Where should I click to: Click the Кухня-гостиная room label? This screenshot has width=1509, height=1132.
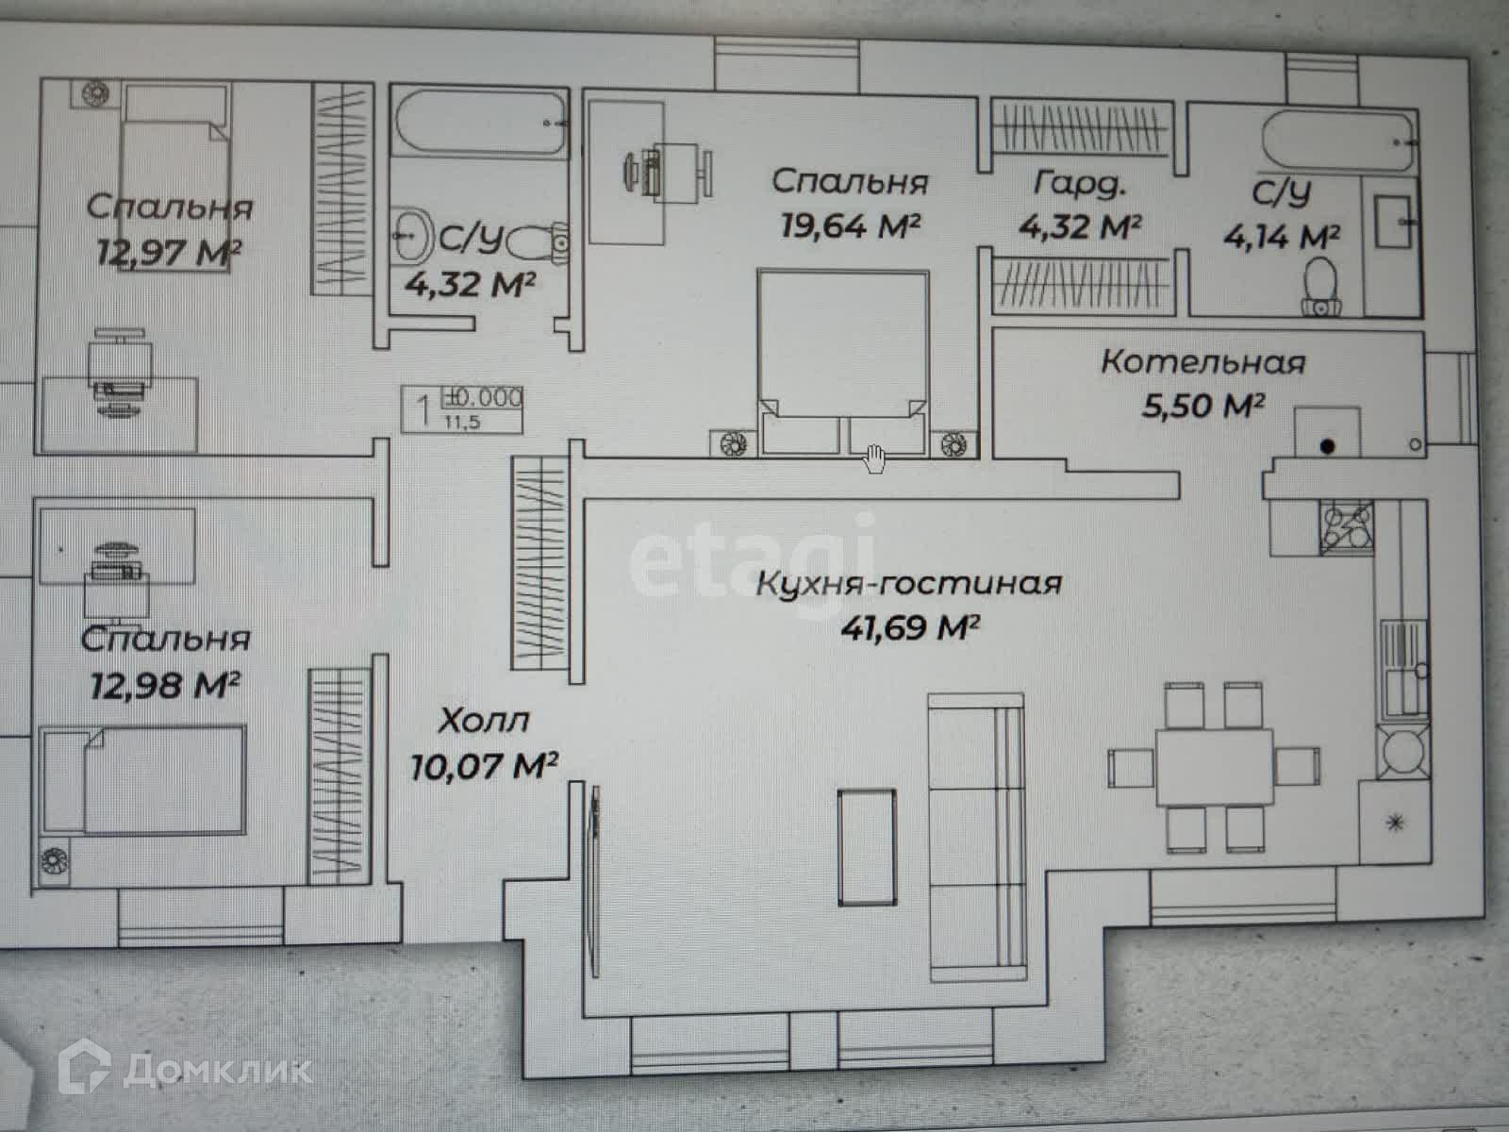909,584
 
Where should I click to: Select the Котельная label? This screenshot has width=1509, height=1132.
1203,363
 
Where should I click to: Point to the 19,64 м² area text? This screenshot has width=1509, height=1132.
850,226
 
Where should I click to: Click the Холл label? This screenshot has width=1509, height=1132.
484,722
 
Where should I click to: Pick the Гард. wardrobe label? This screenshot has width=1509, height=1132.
1079,182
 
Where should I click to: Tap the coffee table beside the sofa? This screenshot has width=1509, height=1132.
867,847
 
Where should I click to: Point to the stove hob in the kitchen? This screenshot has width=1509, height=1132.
1346,527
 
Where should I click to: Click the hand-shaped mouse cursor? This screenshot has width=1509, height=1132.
875,459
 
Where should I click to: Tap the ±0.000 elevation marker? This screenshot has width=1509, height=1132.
484,398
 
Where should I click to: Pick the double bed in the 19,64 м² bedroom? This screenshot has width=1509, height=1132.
843,358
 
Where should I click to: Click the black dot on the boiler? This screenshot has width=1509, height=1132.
1328,446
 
